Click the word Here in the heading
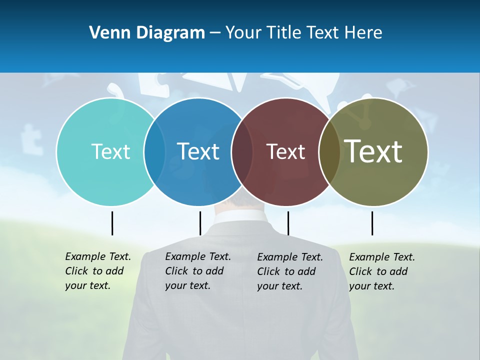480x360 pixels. click(363, 33)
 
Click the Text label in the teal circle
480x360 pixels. click(110, 151)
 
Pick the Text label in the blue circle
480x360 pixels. click(198, 151)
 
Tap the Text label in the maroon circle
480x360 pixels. click(285, 151)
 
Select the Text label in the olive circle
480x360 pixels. click(373, 151)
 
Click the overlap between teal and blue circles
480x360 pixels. click(154, 151)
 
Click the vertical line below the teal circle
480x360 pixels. click(112, 223)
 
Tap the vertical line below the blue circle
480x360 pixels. click(200, 223)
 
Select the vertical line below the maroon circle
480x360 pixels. click(288, 223)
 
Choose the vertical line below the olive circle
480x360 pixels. click(372, 223)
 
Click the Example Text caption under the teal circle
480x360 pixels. click(97, 271)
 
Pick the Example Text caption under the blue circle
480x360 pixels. click(197, 271)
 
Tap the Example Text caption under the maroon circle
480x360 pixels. click(289, 271)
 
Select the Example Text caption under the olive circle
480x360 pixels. click(381, 271)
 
